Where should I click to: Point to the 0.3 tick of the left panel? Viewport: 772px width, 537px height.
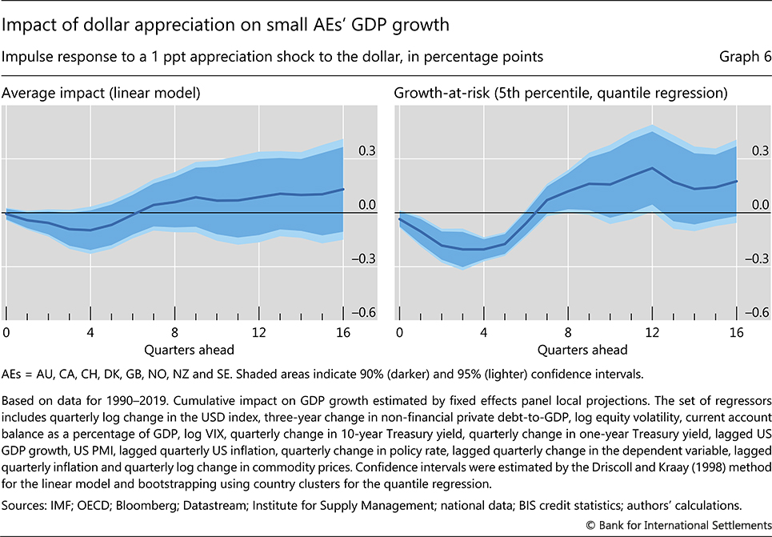pyautogui.click(x=368, y=150)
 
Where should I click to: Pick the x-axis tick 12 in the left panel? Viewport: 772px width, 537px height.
pyautogui.click(x=258, y=331)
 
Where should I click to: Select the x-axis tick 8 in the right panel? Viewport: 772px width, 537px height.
pyautogui.click(x=567, y=331)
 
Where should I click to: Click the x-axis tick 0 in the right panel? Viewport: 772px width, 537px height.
pyautogui.click(x=398, y=331)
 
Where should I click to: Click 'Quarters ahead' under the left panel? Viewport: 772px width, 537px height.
pyautogui.click(x=174, y=349)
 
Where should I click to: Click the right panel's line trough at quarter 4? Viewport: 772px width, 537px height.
pyautogui.click(x=483, y=249)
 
